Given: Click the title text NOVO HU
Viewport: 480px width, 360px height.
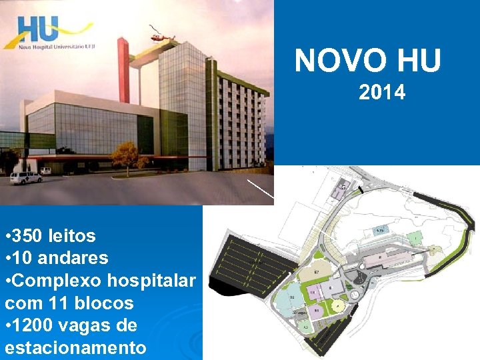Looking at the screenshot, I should tap(368, 61).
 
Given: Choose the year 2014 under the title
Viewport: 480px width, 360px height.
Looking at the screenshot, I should tap(381, 92).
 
